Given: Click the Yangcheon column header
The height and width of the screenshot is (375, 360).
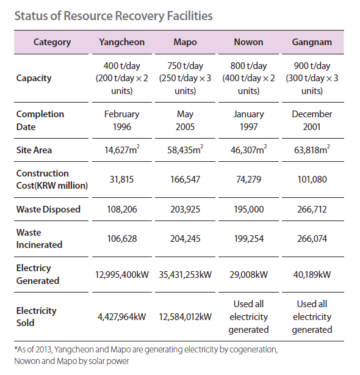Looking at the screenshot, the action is point(122,42).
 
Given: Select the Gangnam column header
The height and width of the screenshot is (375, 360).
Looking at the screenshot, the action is point(312,42).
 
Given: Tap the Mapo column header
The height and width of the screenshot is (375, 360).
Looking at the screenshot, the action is point(185,42).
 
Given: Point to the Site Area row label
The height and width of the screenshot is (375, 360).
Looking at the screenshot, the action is point(34,150).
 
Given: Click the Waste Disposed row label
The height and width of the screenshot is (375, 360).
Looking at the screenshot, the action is point(48,209).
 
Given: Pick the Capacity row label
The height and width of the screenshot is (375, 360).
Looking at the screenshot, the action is point(34,78).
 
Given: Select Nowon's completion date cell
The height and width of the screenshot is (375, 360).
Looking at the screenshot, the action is point(248,120).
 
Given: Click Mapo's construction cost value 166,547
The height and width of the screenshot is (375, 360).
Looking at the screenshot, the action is point(185,180).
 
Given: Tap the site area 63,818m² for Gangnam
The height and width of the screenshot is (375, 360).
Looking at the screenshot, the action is point(312,150).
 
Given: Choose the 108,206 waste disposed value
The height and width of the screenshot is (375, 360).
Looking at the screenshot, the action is point(122,209).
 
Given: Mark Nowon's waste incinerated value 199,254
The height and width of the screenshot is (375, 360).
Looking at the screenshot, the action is point(249,239).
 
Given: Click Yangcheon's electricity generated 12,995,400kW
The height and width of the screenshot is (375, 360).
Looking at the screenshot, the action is point(122,275).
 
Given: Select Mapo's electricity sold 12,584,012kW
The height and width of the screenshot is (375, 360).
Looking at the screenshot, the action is point(185,317).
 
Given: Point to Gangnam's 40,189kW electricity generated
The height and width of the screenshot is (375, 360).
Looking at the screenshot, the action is point(312,275).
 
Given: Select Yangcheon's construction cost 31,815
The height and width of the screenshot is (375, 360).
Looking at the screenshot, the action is point(122,180).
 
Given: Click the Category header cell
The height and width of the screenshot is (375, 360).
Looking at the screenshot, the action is point(52,42).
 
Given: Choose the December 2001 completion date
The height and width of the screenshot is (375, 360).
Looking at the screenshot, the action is point(312,120).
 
